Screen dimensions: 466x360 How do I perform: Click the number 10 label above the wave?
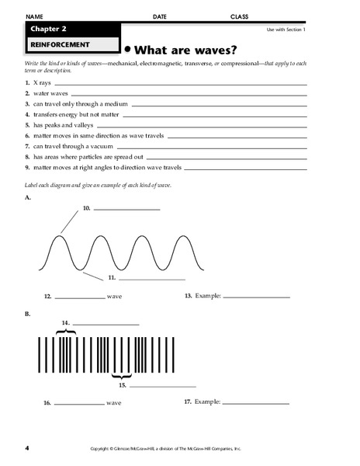[87, 207]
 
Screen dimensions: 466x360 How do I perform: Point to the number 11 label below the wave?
[112, 276]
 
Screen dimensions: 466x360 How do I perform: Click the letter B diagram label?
[28, 314]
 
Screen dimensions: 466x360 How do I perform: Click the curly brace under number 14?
[67, 332]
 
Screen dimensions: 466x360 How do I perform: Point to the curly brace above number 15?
[120, 374]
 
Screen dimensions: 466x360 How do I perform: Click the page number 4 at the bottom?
[27, 448]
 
